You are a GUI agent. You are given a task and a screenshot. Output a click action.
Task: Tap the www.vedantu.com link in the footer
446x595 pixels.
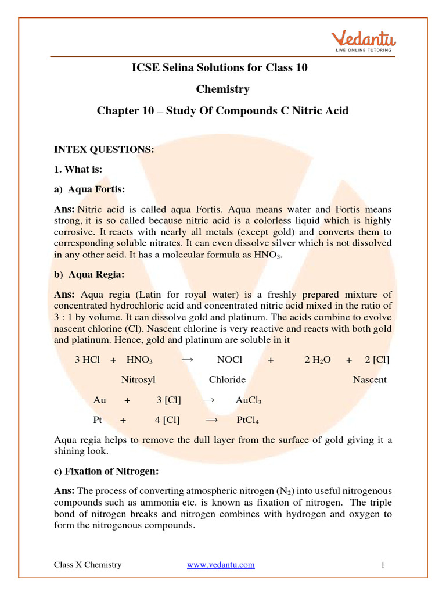click(x=221, y=565)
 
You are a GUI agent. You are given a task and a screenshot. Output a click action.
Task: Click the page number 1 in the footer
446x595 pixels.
click(x=384, y=565)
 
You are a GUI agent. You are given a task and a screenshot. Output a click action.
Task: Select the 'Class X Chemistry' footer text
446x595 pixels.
click(x=88, y=565)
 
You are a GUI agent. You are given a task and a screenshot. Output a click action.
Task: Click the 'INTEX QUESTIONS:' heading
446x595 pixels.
click(x=104, y=149)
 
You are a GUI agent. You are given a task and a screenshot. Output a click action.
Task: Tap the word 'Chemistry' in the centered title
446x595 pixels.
click(x=222, y=89)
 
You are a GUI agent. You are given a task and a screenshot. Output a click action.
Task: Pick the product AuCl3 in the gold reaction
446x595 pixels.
click(x=249, y=400)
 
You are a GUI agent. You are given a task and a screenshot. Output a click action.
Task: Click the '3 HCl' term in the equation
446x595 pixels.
click(x=87, y=360)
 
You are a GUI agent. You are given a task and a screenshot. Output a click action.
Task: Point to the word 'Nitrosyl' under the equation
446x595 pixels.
click(x=138, y=379)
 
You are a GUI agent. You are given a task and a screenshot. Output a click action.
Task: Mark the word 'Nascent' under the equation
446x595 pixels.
click(x=369, y=379)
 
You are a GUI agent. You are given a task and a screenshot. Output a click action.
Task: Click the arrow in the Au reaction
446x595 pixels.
click(x=208, y=400)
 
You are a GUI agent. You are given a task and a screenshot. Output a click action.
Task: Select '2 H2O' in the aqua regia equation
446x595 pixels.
click(x=318, y=360)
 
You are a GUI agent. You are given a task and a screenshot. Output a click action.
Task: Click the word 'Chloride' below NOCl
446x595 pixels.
click(x=227, y=379)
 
